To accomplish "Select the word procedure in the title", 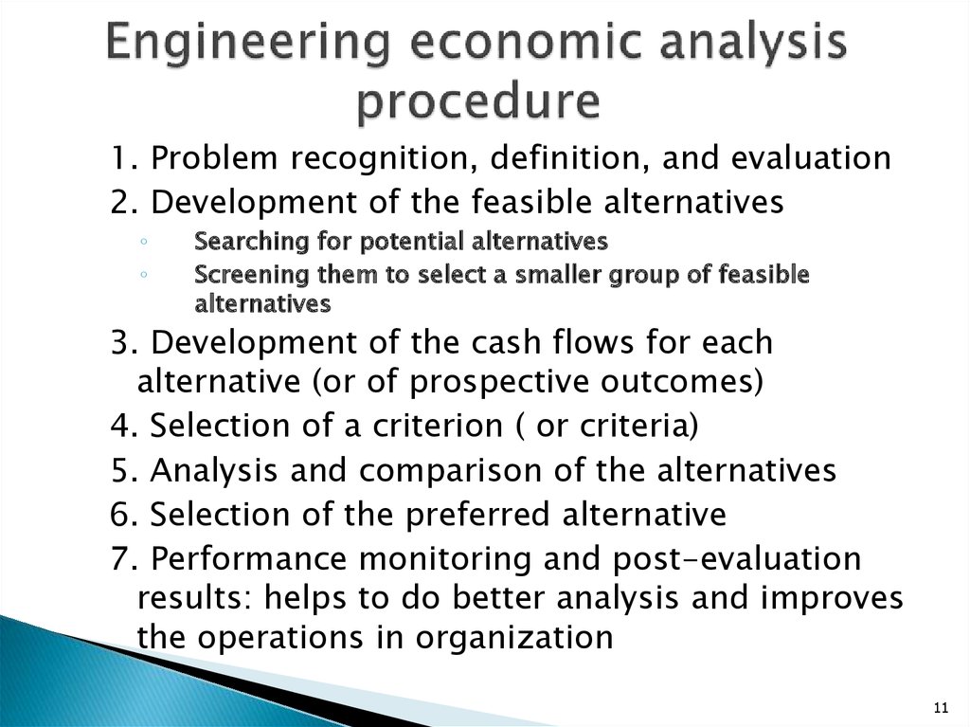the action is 478,102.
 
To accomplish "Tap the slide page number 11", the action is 941,708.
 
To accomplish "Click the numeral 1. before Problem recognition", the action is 124,158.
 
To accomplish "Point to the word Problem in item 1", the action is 214,157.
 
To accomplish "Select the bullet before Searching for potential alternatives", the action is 144,242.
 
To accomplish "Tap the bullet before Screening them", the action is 144,274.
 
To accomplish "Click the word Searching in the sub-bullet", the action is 251,242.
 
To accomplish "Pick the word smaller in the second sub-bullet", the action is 559,274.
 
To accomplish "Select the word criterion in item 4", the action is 438,426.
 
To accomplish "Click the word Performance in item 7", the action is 248,558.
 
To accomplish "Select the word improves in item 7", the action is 832,599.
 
